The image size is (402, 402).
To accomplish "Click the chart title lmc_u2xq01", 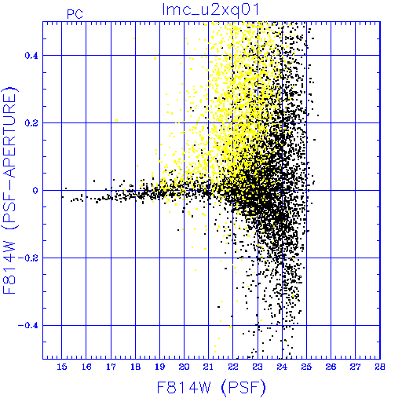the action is coord(210,10).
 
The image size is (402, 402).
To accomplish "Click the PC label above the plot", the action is coord(75,14).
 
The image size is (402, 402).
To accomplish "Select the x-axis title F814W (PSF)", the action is coord(211,387).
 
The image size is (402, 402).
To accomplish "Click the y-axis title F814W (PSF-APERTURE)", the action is coord(10,190).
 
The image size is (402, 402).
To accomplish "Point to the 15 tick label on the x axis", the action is coord(62,367).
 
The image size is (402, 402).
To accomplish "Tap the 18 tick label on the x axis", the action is coord(135,367).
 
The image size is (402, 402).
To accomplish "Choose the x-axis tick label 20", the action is coord(184,367).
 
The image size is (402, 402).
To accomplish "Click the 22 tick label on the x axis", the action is coord(233,367).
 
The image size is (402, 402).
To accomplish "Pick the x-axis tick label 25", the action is coord(306,367).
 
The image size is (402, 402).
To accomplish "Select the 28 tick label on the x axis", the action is coord(380,367).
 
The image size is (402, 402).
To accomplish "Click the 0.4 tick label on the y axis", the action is coord(31,56).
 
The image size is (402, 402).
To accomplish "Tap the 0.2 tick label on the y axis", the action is coord(31,123).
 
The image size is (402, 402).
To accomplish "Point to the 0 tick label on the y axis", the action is coord(35,191).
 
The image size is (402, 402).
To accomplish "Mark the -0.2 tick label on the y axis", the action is coord(28,258).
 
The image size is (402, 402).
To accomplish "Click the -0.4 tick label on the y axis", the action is coord(28,326).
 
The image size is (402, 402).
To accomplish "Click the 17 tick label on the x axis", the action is coord(111,367).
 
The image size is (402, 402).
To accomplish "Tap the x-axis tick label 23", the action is coord(258,367).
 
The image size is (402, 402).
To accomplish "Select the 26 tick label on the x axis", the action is coord(331,367).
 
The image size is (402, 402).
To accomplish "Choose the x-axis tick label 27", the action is coord(356,367).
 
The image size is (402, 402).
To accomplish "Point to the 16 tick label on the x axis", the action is coord(86,367).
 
